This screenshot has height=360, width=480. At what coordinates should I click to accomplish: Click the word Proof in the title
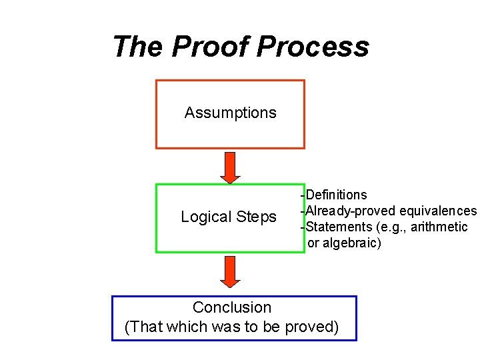click(x=211, y=47)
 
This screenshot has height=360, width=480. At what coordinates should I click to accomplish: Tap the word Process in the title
click(x=313, y=47)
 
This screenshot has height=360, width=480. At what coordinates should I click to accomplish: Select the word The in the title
click(x=138, y=47)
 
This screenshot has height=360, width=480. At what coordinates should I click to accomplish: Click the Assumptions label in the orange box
click(x=230, y=113)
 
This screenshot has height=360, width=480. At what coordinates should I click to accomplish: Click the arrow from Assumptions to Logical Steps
click(x=230, y=167)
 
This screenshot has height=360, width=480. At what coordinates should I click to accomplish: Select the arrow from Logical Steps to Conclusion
click(x=230, y=271)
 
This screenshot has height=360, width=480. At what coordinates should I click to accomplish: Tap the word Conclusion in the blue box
click(x=232, y=307)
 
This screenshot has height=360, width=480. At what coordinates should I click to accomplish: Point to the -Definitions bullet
click(x=334, y=195)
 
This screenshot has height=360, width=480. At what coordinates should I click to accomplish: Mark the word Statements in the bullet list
click(x=337, y=227)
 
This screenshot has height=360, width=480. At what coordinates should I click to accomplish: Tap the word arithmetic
click(x=439, y=227)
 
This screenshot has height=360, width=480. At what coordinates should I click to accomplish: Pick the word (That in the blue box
click(x=142, y=327)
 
